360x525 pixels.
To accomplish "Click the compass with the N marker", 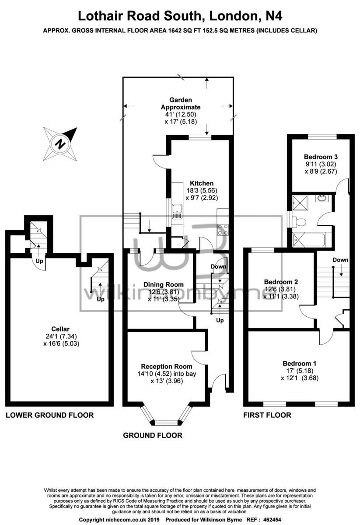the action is click(x=60, y=144).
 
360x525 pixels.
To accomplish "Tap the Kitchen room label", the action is click(x=202, y=183).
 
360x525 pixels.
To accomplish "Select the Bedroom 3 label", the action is click(x=321, y=157).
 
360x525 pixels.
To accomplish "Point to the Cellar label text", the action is click(x=60, y=329).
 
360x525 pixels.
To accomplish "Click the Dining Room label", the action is click(x=163, y=284).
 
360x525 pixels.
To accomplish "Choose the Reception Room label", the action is click(x=166, y=366).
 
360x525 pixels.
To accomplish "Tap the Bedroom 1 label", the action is click(x=299, y=363).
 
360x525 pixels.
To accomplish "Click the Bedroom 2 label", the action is click(x=281, y=282).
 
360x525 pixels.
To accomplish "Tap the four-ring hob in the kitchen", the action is click(x=223, y=230).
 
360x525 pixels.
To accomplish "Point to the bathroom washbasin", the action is click(x=323, y=198).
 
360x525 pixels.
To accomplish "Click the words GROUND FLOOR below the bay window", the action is click(x=153, y=435).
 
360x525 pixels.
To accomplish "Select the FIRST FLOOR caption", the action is click(x=267, y=415).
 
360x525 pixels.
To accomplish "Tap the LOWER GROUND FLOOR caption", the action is click(x=50, y=415).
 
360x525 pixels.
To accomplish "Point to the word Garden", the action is click(x=181, y=100).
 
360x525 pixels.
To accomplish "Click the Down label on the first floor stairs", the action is click(x=340, y=260).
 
